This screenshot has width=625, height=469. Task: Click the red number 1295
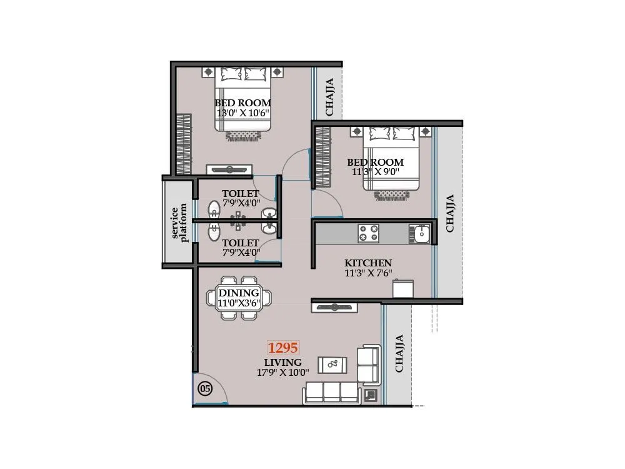283,348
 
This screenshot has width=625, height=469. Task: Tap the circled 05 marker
205,388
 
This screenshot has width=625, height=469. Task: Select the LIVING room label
282,362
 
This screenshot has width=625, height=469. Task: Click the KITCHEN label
368,263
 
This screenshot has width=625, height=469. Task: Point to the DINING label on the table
239,293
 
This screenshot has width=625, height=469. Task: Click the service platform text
179,223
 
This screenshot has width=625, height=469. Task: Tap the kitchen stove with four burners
368,234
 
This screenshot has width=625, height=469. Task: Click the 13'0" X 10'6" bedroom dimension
242,113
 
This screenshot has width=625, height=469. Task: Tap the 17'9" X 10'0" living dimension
282,373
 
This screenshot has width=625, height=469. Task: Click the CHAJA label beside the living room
399,353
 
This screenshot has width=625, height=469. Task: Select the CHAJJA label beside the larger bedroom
329,96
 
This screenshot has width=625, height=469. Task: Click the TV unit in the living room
334,307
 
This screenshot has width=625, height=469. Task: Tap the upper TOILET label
240,194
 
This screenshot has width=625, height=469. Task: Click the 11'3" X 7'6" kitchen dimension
368,273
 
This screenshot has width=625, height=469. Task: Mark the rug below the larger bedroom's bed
243,134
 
